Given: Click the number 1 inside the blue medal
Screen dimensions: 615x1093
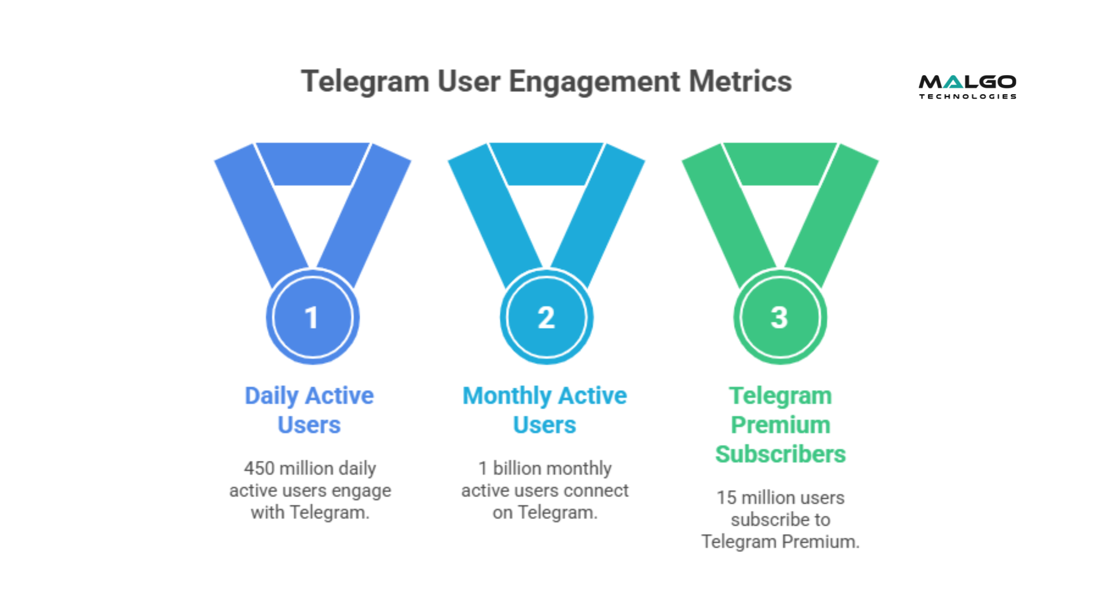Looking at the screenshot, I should click(x=311, y=318).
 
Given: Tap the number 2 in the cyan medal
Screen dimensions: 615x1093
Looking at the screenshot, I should click(x=546, y=318).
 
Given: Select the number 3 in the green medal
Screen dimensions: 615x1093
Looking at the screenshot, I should click(x=779, y=318).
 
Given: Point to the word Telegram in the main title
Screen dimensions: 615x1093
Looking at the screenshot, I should click(x=365, y=81).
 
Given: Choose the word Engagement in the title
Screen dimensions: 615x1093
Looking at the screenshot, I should click(x=594, y=81).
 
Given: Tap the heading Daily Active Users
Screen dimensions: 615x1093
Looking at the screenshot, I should click(x=309, y=410).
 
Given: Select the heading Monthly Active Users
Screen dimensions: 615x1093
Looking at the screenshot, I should click(x=545, y=410).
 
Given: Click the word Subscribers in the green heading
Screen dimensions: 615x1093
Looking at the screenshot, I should click(x=780, y=454).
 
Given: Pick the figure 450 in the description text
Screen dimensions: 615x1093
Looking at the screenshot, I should click(x=259, y=469).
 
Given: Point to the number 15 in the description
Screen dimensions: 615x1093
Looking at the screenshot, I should click(x=726, y=498).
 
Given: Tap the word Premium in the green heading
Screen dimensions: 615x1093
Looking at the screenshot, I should click(x=780, y=425).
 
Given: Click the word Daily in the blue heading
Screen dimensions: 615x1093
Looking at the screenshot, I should click(x=271, y=396).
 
